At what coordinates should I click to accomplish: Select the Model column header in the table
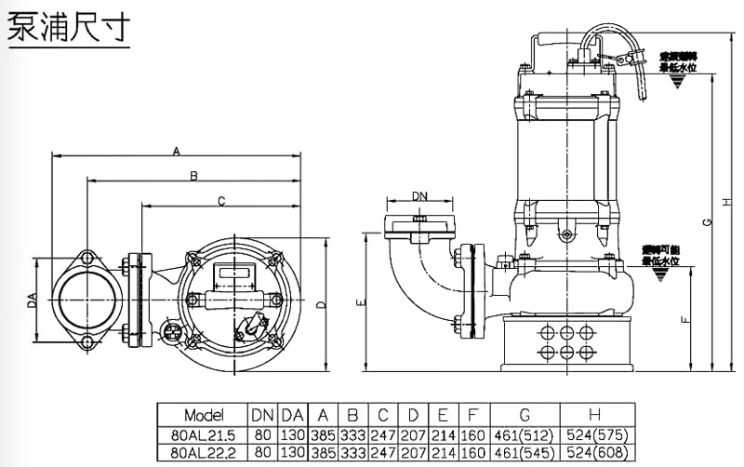[200, 415]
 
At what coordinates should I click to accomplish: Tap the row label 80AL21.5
[200, 434]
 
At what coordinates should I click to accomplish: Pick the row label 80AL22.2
[200, 451]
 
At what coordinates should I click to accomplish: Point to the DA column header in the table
[292, 415]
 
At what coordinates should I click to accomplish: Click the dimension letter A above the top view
[177, 150]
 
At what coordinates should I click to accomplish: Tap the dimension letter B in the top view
[193, 175]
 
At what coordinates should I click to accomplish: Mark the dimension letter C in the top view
[221, 200]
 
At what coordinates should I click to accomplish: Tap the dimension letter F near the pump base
[685, 319]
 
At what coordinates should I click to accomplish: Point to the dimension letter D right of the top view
[321, 303]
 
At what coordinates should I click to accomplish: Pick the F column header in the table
[472, 415]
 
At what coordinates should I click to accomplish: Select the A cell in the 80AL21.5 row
[324, 434]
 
